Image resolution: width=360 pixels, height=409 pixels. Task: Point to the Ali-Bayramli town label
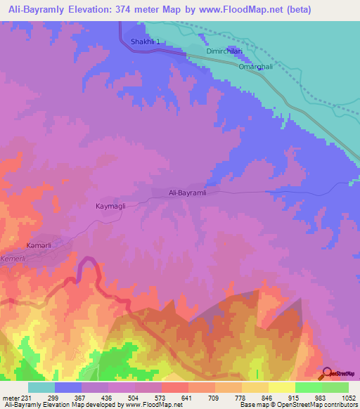[x=188, y=193]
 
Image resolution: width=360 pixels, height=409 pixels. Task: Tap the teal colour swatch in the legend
[x=41, y=387]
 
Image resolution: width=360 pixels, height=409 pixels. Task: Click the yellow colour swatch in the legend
[x=282, y=387]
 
